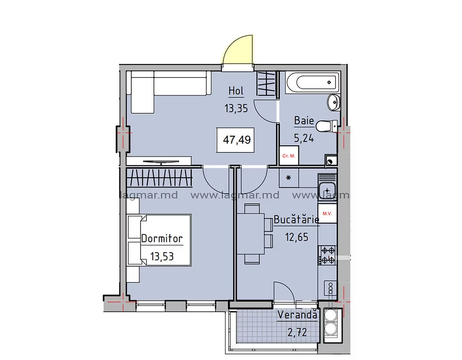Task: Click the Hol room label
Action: point(236,91)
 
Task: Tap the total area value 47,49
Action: point(237,139)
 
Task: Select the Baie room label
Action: point(304,120)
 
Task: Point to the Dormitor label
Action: point(162,238)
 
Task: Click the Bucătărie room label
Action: point(297,219)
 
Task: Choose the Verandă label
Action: point(297,314)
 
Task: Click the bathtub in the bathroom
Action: point(313,82)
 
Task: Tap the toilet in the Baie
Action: point(326,126)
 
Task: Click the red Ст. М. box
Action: point(289,156)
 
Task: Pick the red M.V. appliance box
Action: point(327,213)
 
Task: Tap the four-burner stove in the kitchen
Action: point(327,255)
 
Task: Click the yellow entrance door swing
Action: point(238,49)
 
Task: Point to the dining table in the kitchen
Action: point(250,233)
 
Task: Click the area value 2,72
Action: point(297,332)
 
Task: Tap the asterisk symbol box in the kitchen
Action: point(289,178)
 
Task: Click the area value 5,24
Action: point(304,138)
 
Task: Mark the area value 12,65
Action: point(297,237)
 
